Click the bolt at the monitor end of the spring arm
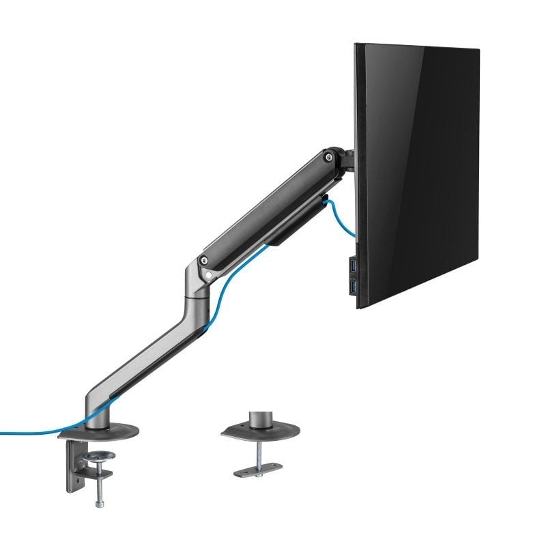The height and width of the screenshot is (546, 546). (x=330, y=156)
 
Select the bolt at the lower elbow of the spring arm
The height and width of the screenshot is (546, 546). (x=203, y=260)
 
